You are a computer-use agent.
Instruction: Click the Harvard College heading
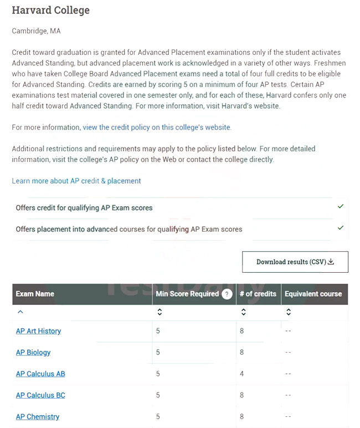[50, 11]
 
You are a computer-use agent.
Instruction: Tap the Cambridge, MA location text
[37, 31]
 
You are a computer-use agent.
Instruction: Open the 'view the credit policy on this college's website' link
[157, 127]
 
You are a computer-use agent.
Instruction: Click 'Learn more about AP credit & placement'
[76, 181]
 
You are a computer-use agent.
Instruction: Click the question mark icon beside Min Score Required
[227, 294]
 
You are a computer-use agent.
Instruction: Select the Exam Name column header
[35, 294]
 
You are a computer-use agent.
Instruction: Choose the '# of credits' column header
[258, 294]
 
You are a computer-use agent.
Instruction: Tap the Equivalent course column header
[313, 294]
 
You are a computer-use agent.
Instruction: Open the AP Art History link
[38, 331]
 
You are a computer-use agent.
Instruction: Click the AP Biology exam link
[33, 352]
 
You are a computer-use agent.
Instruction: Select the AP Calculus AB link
[40, 374]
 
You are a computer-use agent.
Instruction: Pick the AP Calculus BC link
[40, 395]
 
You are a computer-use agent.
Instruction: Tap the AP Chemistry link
[38, 416]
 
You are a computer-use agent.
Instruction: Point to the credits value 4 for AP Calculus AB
[242, 374]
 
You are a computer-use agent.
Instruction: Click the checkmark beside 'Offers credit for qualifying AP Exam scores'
[341, 207]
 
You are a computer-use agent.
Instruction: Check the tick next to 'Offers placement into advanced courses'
[341, 228]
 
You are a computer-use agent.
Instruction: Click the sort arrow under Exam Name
[20, 312]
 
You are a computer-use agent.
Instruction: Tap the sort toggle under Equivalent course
[289, 312]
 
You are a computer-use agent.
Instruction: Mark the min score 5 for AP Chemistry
[158, 416]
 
